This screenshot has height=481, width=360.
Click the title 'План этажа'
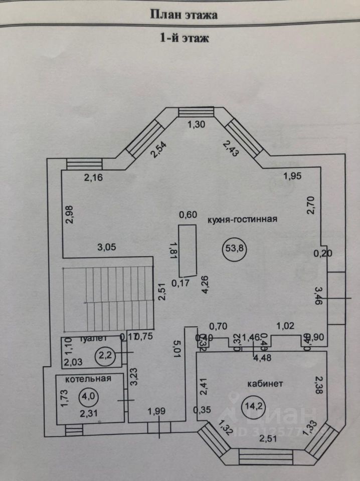(184, 15)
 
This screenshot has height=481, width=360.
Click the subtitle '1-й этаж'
(184, 38)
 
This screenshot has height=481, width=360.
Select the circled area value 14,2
(250, 405)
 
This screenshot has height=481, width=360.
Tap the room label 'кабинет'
(265, 384)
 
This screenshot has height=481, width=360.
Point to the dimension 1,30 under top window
(196, 125)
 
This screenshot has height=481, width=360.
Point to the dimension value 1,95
(293, 175)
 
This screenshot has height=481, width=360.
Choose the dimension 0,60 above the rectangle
(189, 215)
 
